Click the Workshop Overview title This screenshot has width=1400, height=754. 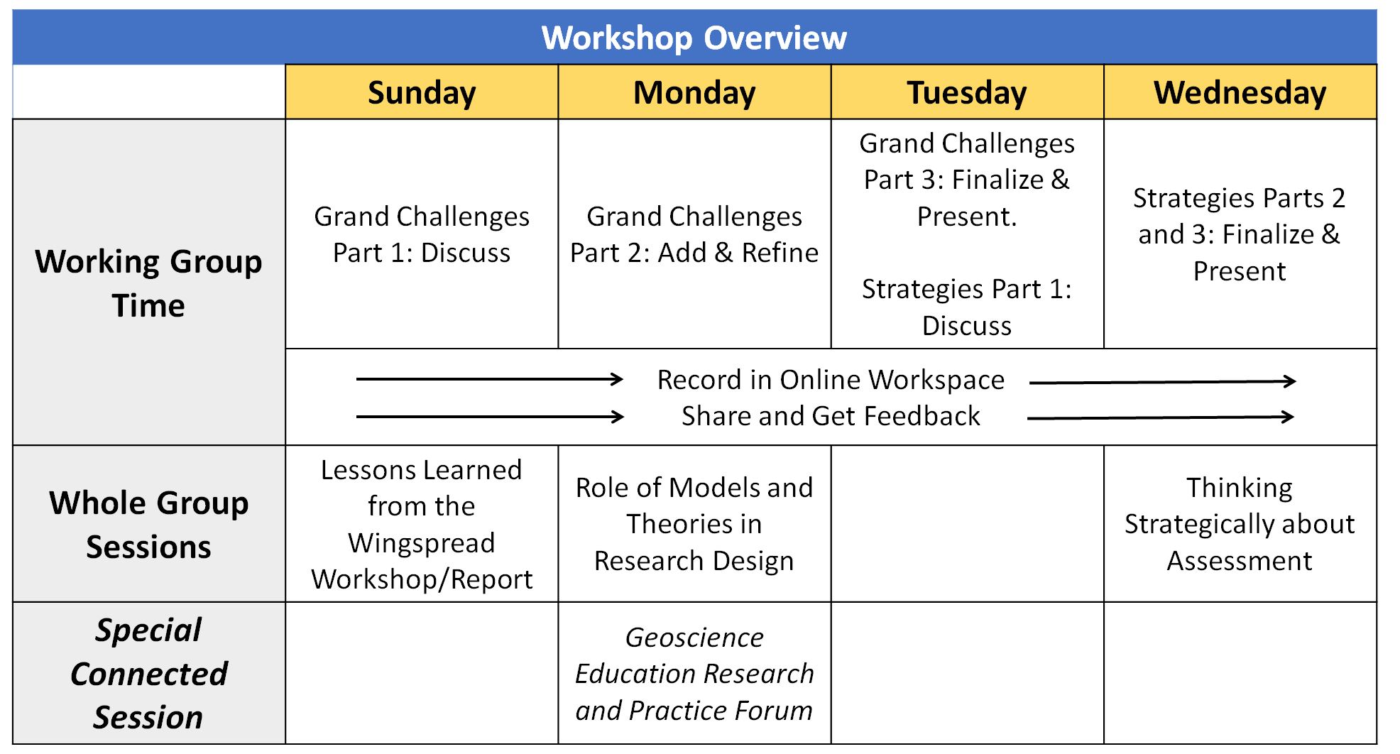[x=694, y=38]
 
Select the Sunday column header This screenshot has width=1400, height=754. [x=422, y=93]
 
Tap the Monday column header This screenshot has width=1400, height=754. [x=694, y=93]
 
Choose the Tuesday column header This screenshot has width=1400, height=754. [x=966, y=93]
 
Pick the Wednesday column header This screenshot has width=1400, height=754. [x=1240, y=93]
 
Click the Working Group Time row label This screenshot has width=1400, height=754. [x=148, y=283]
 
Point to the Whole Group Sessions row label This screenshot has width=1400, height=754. [x=148, y=524]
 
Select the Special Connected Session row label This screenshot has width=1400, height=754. [x=148, y=673]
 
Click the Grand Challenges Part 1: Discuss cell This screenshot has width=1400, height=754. [x=422, y=234]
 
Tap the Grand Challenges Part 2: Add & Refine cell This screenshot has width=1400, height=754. [x=694, y=234]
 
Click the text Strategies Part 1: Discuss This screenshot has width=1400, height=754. [x=966, y=307]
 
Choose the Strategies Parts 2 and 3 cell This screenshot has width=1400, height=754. [x=1240, y=234]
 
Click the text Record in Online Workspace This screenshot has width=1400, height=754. [x=830, y=380]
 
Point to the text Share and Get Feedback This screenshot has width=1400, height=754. [x=830, y=416]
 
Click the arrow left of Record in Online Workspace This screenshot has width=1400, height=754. [x=489, y=379]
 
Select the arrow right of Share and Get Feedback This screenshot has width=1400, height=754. [x=1160, y=417]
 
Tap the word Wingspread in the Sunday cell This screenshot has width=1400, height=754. [x=422, y=543]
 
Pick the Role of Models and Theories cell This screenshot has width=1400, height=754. [x=694, y=524]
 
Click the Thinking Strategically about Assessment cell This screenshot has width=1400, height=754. [x=1240, y=524]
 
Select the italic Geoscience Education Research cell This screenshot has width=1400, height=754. [x=694, y=673]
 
